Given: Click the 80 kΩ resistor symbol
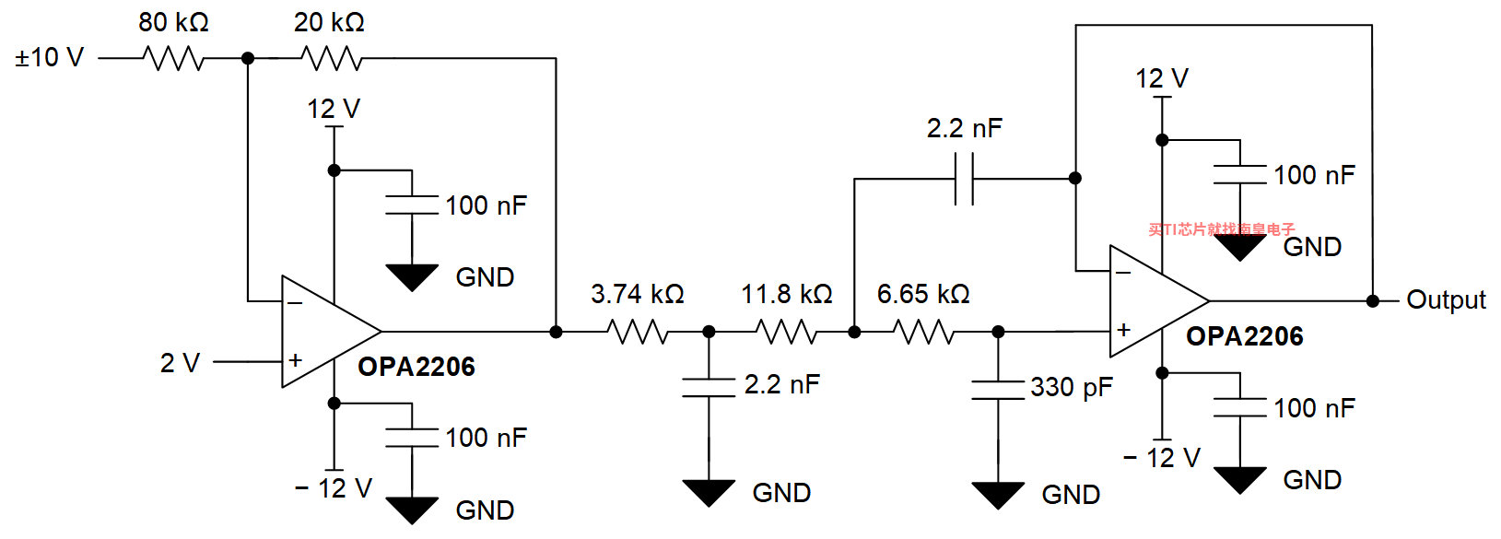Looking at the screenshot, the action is (173, 58).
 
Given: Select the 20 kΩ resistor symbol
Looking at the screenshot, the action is (332, 58).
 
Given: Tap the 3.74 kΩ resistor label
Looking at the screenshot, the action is (638, 294).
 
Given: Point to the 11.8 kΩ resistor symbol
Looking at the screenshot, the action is (786, 332).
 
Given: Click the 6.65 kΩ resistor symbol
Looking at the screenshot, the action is (923, 332).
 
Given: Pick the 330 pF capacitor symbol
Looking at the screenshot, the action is (998, 390).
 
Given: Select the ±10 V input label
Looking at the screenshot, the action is (50, 58).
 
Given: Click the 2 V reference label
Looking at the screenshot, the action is (181, 363).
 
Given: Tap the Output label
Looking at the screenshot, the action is (1446, 299).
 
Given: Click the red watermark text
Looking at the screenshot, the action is (1222, 229).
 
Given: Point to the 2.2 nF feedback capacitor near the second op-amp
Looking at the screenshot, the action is (964, 179).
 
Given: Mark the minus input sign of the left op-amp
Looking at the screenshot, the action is (295, 303).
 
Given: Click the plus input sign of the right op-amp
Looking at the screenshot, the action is (1124, 329).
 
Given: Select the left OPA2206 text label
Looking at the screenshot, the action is (416, 367).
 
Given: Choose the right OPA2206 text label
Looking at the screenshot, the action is (1244, 336).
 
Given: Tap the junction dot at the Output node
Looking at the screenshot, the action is (1372, 301).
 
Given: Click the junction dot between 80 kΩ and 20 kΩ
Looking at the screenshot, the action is (248, 58).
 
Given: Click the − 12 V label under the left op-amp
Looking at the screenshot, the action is (333, 488).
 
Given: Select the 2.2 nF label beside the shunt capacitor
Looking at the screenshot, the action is (782, 384).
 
